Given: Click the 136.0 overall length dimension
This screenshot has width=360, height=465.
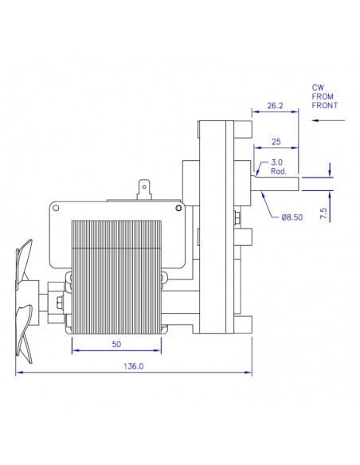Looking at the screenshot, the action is pyautogui.click(x=134, y=366).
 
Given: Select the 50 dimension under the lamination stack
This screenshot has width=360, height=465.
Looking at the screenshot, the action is pyautogui.click(x=116, y=344).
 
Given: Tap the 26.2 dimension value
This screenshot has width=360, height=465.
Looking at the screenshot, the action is pyautogui.click(x=275, y=106).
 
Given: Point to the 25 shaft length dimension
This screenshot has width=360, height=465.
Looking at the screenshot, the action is pyautogui.click(x=276, y=142).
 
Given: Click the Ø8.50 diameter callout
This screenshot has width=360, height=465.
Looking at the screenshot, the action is pyautogui.click(x=292, y=217).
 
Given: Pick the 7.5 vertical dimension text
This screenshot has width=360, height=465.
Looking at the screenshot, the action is pyautogui.click(x=323, y=213).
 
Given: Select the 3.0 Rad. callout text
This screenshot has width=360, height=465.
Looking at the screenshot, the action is pyautogui.click(x=278, y=166).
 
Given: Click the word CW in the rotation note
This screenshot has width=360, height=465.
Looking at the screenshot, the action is pyautogui.click(x=318, y=88).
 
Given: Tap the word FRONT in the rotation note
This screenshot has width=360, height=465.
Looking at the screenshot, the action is pyautogui.click(x=325, y=105).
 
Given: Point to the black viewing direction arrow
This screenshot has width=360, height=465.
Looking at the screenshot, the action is pyautogui.click(x=329, y=120).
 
